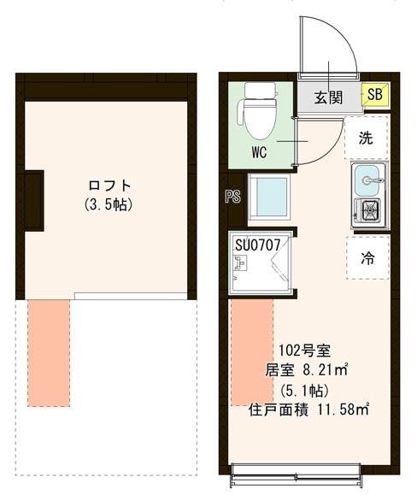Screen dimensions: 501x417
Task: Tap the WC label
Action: click(x=261, y=155)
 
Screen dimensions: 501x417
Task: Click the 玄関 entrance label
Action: click(x=327, y=96)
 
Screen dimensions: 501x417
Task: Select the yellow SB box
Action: click(x=375, y=96)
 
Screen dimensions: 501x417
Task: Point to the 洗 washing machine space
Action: click(x=366, y=139)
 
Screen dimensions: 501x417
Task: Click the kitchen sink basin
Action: click(x=370, y=180)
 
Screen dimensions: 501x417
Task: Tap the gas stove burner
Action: click(x=370, y=209)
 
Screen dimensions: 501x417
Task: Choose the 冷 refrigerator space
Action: click(x=367, y=256)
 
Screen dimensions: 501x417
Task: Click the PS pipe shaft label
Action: click(x=232, y=196)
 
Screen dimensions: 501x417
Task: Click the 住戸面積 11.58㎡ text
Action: click(x=308, y=408)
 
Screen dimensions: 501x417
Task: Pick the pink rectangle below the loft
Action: click(x=50, y=351)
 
